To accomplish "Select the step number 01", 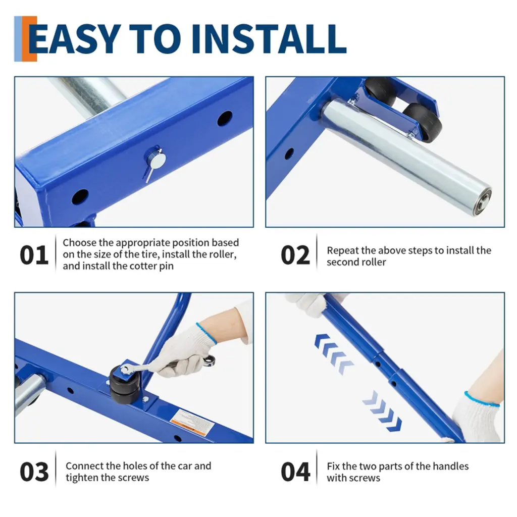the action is coord(34,255).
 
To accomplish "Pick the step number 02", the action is coord(295,255).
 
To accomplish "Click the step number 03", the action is coord(34,472).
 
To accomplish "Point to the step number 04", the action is coord(295,472).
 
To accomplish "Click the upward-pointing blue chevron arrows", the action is coord(333,353).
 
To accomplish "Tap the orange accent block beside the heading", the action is coord(30,38).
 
